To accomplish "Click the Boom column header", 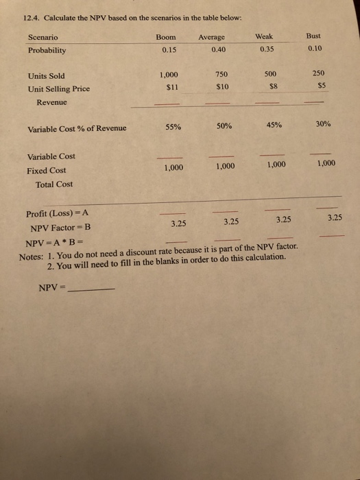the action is pos(166,37).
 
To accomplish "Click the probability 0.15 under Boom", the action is pos(166,49).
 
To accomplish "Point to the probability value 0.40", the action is pos(218,49).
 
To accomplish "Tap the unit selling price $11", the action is pos(167,88).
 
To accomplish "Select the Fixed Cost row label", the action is pos(47,170).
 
